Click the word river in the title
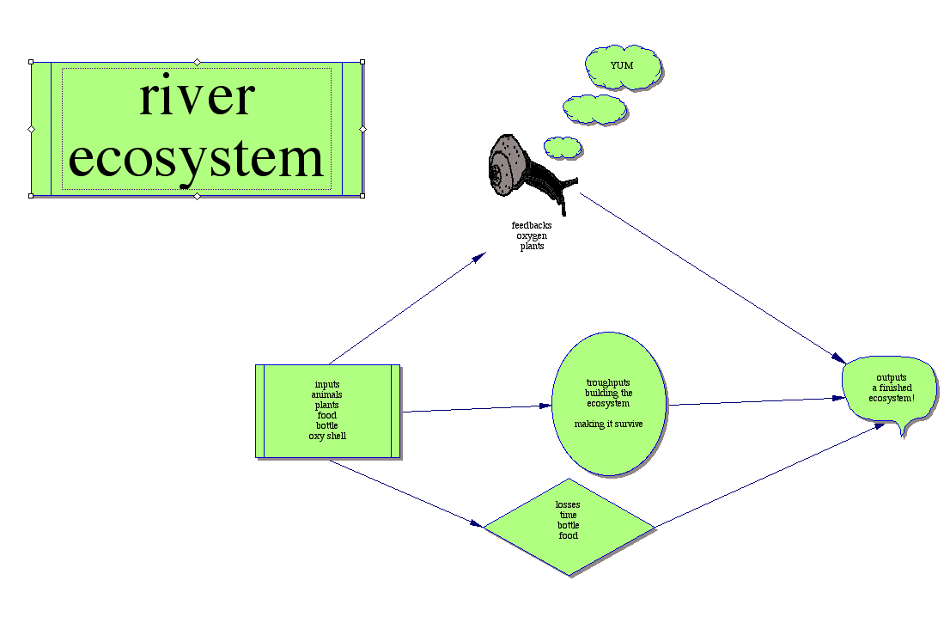[x=197, y=96]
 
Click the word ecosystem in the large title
[x=197, y=159]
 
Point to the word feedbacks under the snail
[x=532, y=226]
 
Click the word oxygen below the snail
[x=532, y=236]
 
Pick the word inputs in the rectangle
[x=327, y=385]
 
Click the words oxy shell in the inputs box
[x=327, y=437]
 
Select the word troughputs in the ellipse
[x=608, y=383]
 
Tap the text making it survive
[x=608, y=425]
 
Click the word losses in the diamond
[x=568, y=505]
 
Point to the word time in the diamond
[x=568, y=516]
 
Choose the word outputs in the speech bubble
[x=892, y=377]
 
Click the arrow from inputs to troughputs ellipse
[x=477, y=408]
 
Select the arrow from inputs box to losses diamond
[x=404, y=492]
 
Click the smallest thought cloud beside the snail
[x=563, y=147]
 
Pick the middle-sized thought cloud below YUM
[x=594, y=109]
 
